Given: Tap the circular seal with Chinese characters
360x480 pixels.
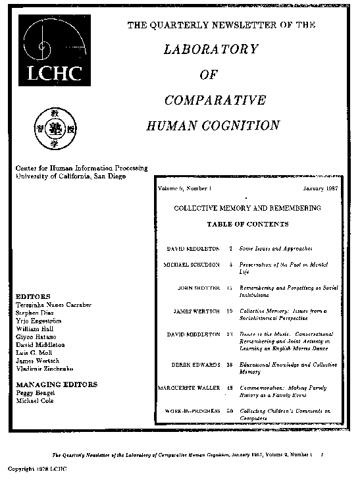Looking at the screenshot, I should (57, 128).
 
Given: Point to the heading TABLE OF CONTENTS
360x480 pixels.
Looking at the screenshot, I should (247, 224).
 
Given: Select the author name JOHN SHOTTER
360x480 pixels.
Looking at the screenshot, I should (199, 288).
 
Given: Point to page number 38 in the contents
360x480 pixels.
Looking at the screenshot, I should (230, 364).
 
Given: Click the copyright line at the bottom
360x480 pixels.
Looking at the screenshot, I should (37, 469).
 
